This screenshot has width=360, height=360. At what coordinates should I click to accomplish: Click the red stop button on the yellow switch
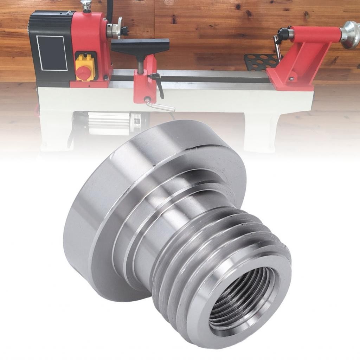[x=83, y=72]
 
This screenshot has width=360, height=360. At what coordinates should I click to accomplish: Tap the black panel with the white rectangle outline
[x=52, y=53]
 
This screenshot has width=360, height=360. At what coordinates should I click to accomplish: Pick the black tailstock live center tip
[x=282, y=34]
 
